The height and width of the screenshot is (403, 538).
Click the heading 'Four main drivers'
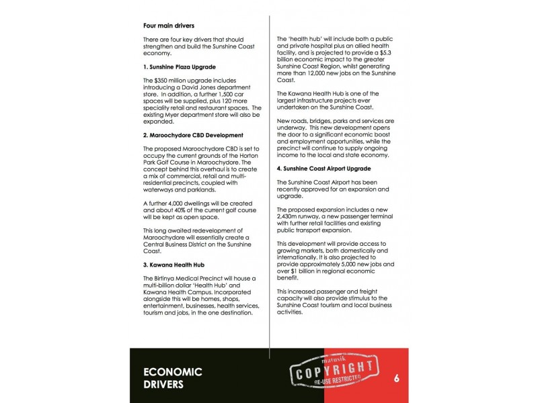tap(168, 26)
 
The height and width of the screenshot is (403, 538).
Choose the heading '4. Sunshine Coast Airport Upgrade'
tap(324, 168)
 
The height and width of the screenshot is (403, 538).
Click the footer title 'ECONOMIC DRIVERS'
tap(173, 378)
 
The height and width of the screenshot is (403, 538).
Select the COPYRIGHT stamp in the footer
tap(333, 373)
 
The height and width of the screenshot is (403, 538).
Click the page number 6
tap(397, 378)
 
